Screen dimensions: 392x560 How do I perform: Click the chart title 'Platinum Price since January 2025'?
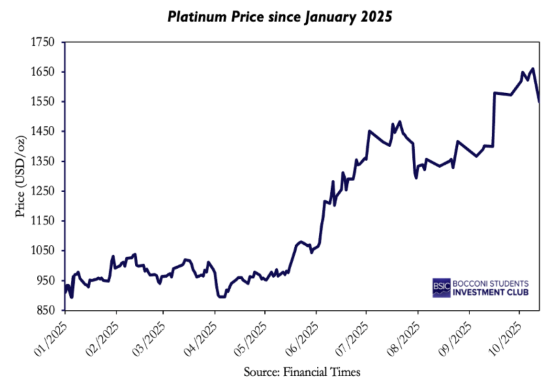tap(280, 17)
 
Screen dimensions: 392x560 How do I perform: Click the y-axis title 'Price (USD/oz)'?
tap(20, 176)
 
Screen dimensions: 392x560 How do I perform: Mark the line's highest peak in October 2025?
tap(533, 69)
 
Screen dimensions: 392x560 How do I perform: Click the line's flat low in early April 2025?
tap(221, 297)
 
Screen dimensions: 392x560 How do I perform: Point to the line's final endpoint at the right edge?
tap(539, 101)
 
